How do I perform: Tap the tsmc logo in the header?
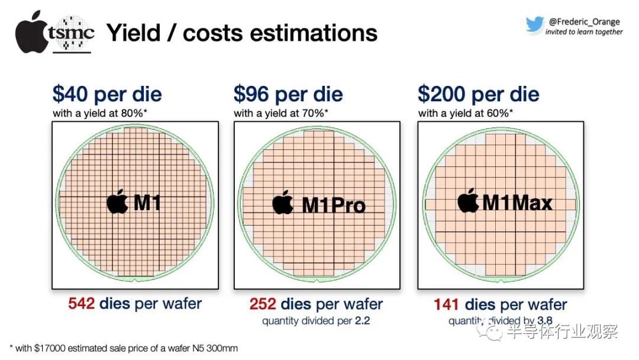tap(70, 33)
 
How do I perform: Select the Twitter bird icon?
tap(534, 24)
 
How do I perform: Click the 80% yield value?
tap(130, 112)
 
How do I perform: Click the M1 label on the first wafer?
tap(147, 203)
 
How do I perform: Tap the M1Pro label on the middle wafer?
tap(334, 205)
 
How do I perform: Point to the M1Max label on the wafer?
tap(517, 203)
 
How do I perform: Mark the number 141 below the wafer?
tap(448, 305)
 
